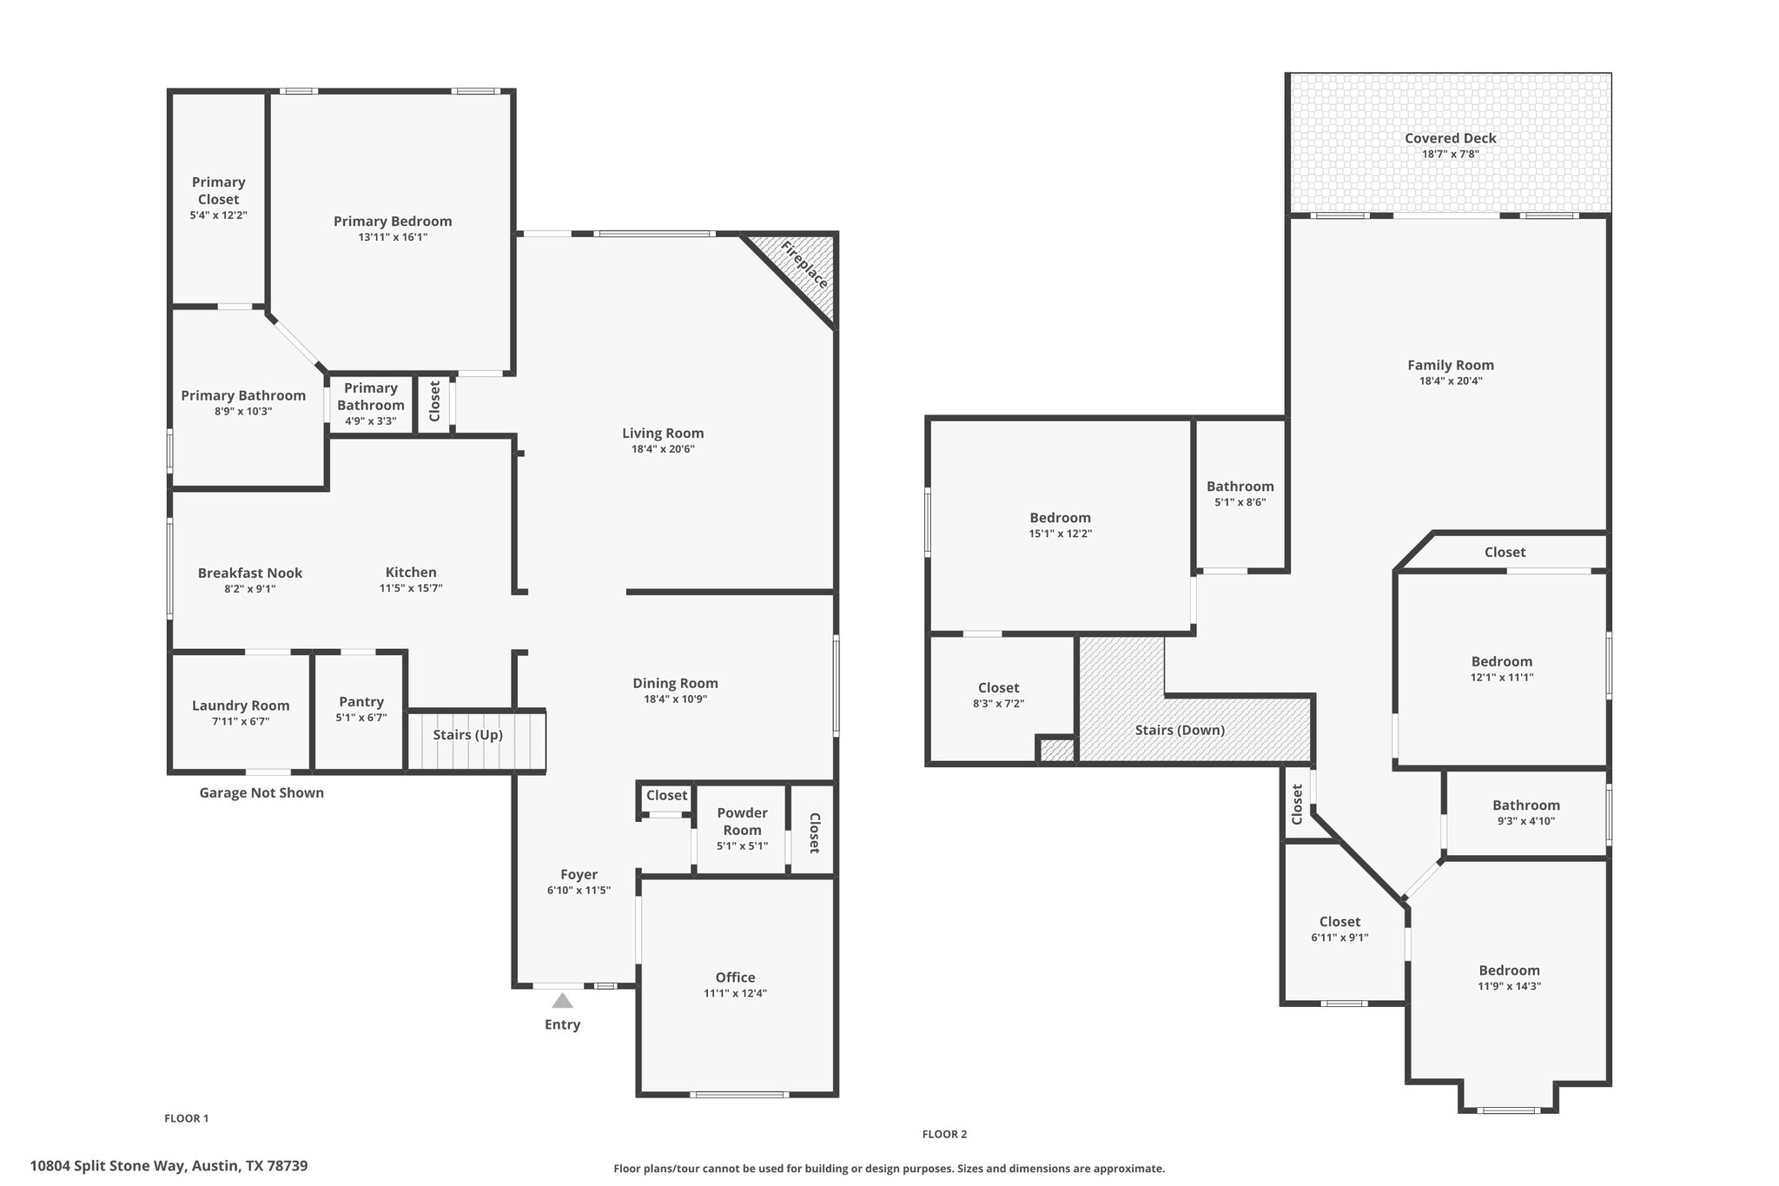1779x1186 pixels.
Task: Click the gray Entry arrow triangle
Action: click(x=562, y=1001)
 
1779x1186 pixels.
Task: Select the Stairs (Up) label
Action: click(x=467, y=735)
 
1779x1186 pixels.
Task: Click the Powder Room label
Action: click(x=742, y=821)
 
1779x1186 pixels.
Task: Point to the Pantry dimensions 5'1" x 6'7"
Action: click(x=361, y=718)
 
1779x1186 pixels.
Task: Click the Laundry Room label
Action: click(x=241, y=706)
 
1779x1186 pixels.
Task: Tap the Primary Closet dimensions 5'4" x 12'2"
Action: click(x=219, y=215)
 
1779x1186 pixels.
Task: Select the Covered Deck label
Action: click(x=1450, y=138)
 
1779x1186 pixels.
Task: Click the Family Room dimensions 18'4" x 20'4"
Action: click(x=1450, y=381)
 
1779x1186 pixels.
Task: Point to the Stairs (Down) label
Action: click(x=1180, y=730)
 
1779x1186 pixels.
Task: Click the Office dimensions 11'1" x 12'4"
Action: click(x=735, y=993)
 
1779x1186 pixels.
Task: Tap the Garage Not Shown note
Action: click(x=261, y=792)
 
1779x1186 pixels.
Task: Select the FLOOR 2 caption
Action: click(x=944, y=1134)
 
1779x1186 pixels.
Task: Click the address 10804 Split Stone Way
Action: click(x=169, y=1166)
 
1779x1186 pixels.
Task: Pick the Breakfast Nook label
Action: click(x=250, y=573)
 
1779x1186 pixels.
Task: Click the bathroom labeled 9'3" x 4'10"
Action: click(x=1525, y=812)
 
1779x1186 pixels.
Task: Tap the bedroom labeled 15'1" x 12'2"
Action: click(x=1060, y=526)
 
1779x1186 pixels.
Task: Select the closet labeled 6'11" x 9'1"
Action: click(x=1339, y=929)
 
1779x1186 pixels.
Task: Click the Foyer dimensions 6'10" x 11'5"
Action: click(x=579, y=891)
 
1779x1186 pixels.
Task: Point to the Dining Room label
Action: click(x=675, y=683)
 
